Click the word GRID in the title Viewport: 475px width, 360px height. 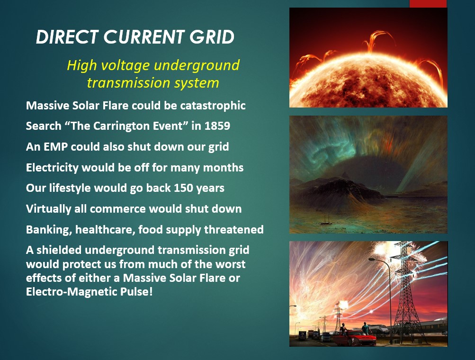click(x=212, y=37)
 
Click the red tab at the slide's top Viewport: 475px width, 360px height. click(x=428, y=3)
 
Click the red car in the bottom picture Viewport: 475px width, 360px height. click(x=350, y=337)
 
